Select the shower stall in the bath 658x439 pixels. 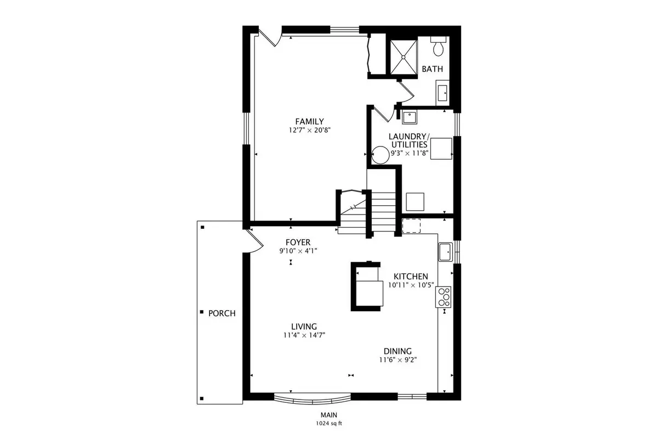(x=404, y=57)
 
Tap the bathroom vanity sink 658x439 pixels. (x=443, y=93)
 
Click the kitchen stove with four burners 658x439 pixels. (x=443, y=297)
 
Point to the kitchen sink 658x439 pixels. (x=446, y=252)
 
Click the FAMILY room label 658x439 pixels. (x=310, y=121)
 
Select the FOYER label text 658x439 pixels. (x=298, y=243)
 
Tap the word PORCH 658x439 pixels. (x=222, y=313)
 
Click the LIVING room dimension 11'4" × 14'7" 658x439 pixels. (x=304, y=335)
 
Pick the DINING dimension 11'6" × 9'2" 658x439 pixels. (x=398, y=359)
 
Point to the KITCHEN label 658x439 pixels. (x=411, y=277)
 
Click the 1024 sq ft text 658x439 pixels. (x=329, y=424)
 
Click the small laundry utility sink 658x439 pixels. (x=410, y=117)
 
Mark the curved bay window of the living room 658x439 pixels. (x=312, y=399)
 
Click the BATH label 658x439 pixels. (x=433, y=69)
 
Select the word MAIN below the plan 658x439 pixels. (x=328, y=415)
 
